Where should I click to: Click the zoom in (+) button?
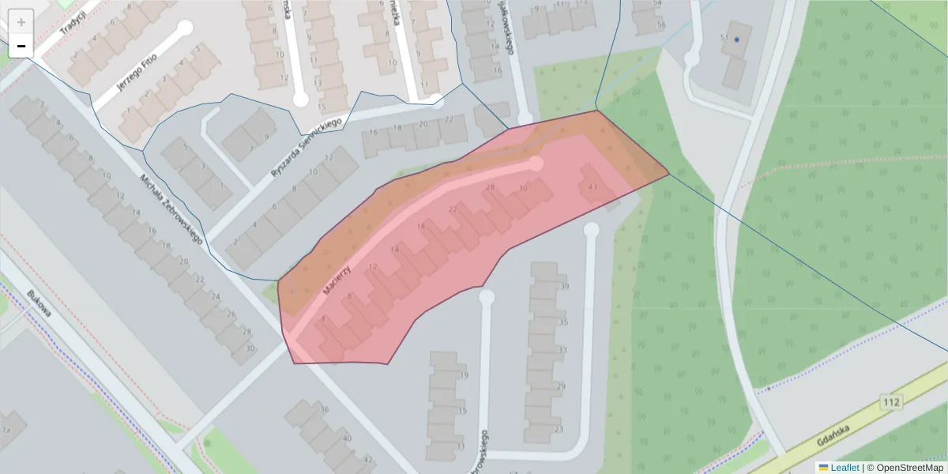pyautogui.click(x=21, y=21)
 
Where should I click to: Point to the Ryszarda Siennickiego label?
pyautogui.click(x=305, y=147)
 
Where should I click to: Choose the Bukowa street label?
pyautogui.click(x=39, y=303)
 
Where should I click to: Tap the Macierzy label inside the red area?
pyautogui.click(x=337, y=280)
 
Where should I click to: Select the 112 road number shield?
pyautogui.click(x=891, y=403)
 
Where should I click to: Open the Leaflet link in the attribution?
pyautogui.click(x=844, y=468)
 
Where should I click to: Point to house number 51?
pyautogui.click(x=724, y=38)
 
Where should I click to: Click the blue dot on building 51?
pyautogui.click(x=737, y=39)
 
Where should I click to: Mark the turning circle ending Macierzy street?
pyautogui.click(x=536, y=164)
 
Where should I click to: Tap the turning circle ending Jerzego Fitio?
pyautogui.click(x=185, y=28)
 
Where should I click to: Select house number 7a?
pyautogui.click(x=6, y=430)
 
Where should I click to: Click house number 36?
pyautogui.click(x=324, y=409)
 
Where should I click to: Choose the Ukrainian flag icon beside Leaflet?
pyautogui.click(x=823, y=468)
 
